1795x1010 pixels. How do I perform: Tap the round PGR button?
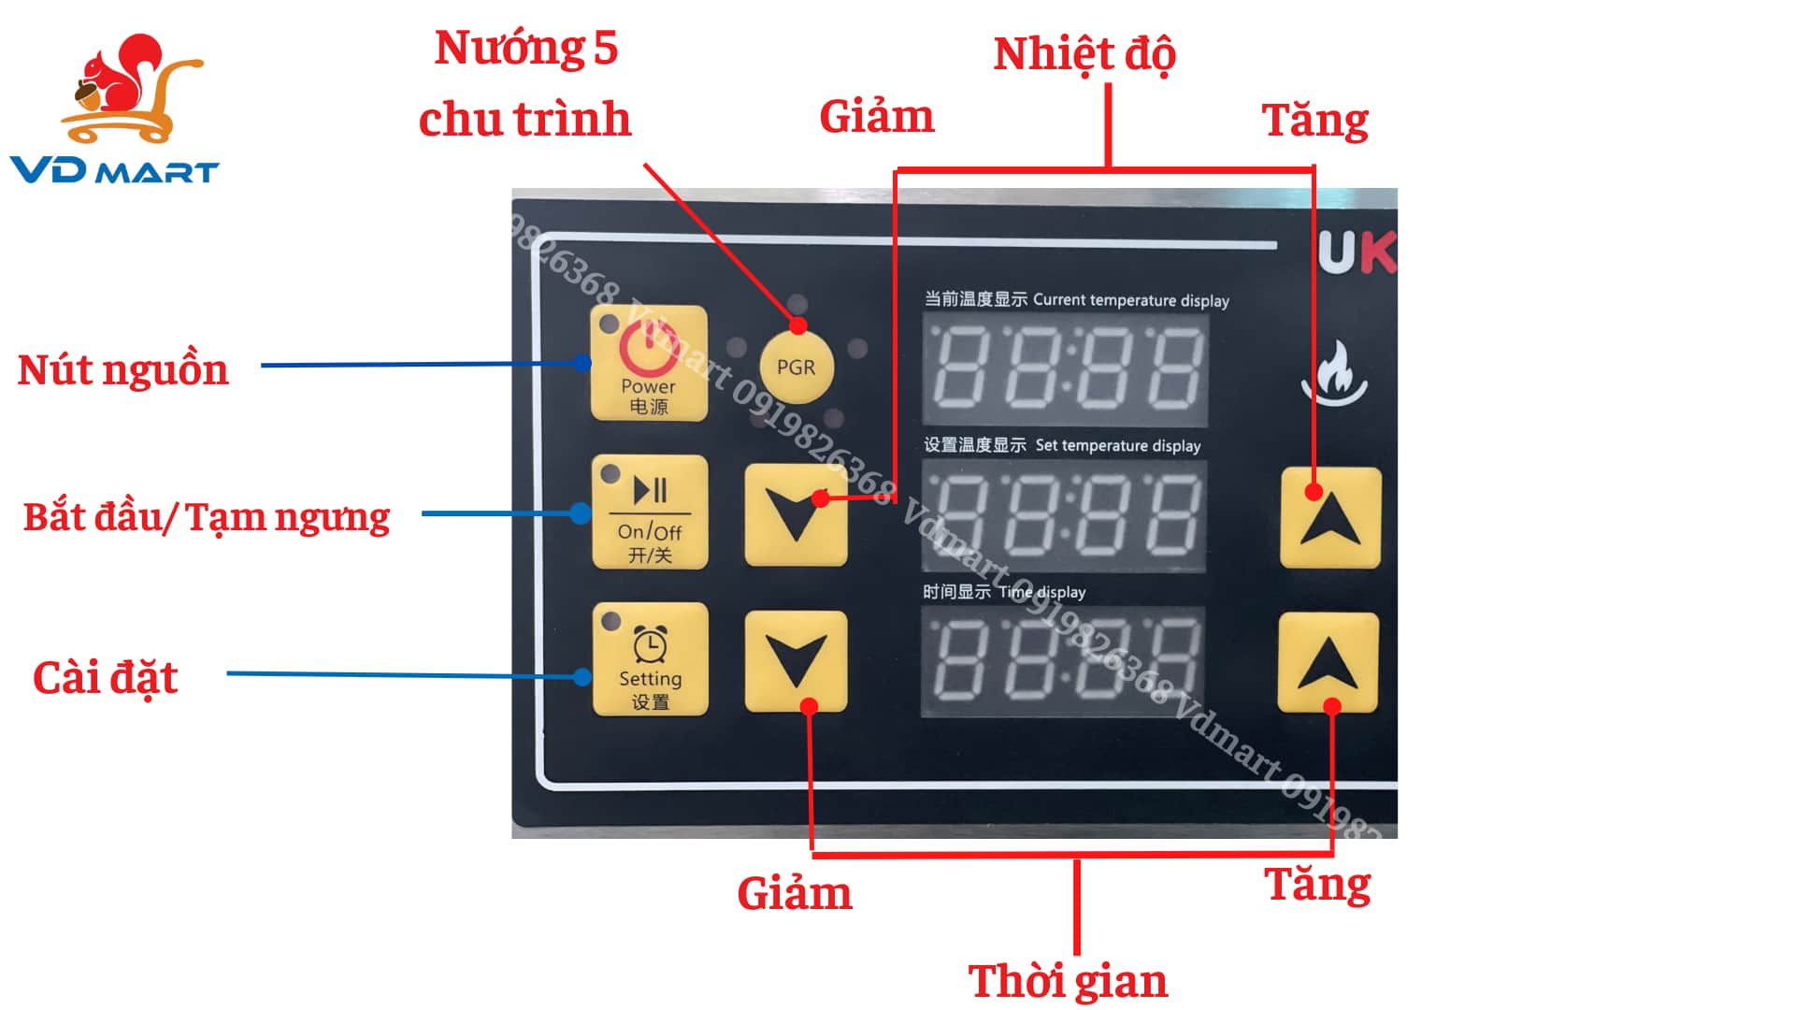[796, 368]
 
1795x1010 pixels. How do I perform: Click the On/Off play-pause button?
[650, 512]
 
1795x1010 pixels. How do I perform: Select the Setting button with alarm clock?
[650, 659]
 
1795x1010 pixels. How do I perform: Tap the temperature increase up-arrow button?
[1330, 517]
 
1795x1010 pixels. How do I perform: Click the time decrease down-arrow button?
[796, 661]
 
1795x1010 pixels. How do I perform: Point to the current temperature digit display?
[1066, 369]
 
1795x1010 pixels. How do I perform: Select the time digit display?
[1063, 661]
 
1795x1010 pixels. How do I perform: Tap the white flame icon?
[1334, 373]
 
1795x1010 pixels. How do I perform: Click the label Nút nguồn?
[123, 369]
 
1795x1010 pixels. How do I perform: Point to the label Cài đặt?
[105, 677]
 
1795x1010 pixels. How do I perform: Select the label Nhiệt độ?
[1084, 54]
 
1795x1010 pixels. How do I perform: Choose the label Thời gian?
[1068, 981]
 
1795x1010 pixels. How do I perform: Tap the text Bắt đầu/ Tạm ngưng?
[207, 517]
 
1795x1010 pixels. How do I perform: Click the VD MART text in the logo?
[114, 171]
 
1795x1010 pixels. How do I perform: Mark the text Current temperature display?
[1130, 300]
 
